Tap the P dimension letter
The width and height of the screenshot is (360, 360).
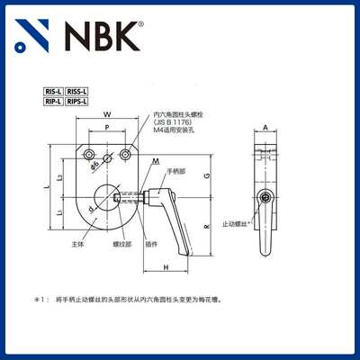108,128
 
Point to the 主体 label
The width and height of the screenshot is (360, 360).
77,243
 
